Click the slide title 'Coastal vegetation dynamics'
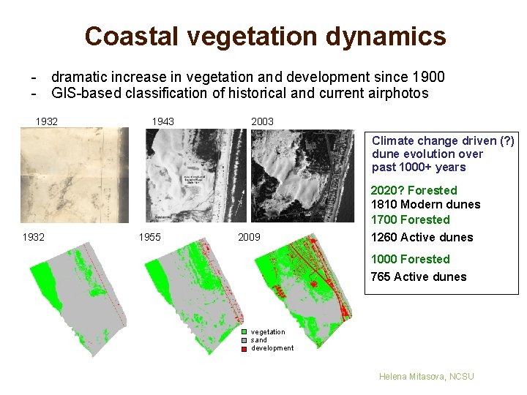[x=264, y=36]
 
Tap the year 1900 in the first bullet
[x=428, y=78]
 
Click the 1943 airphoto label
[x=162, y=121]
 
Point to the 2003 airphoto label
[x=262, y=121]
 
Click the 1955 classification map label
[x=150, y=237]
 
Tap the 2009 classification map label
[x=249, y=237]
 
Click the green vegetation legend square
[x=245, y=332]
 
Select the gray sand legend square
[x=245, y=340]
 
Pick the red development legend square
[x=245, y=348]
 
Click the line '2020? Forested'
[x=414, y=190]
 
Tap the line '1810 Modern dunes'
[x=425, y=205]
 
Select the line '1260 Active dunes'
[x=422, y=237]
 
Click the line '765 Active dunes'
[x=418, y=276]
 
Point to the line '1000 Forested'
[x=410, y=259]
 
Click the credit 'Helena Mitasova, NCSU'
[x=426, y=376]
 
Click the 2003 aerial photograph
[x=306, y=176]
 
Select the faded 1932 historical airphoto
[x=73, y=176]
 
